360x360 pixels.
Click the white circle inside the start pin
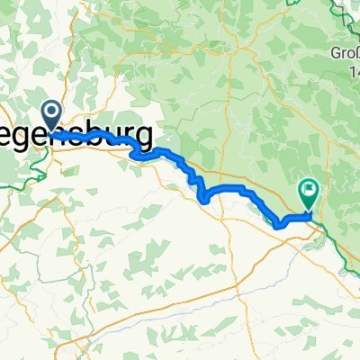[50, 112]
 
